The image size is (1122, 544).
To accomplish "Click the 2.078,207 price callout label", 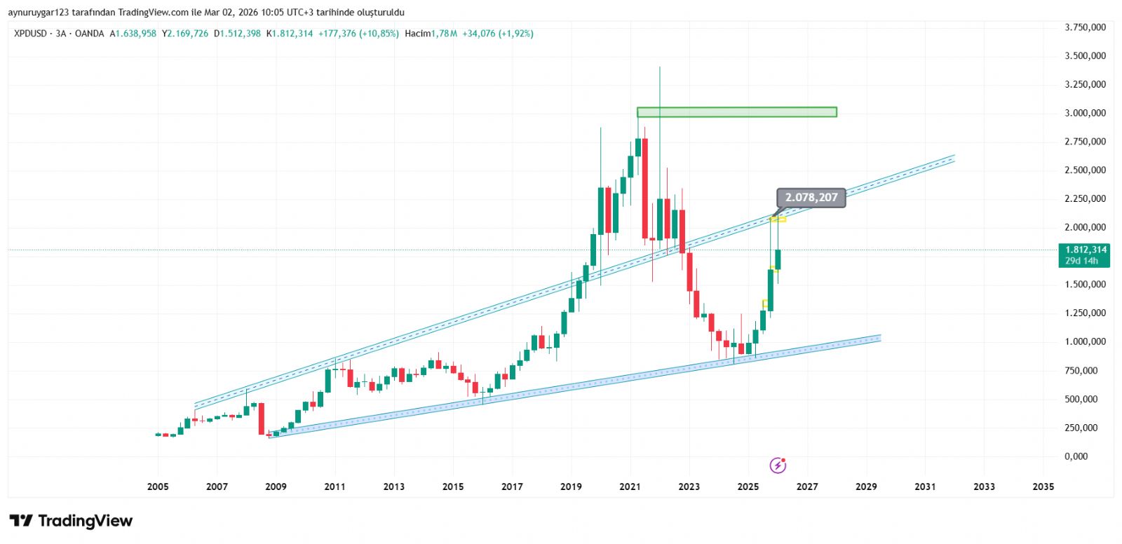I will click(x=811, y=198).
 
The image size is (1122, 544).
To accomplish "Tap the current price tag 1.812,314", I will click(x=1086, y=250).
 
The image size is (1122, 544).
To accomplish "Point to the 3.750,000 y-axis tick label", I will click(x=1085, y=27).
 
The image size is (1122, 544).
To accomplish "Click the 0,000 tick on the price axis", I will click(x=1076, y=456).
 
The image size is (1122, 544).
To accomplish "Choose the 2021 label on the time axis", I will click(x=630, y=487).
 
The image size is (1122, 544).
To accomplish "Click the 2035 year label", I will click(x=1043, y=487).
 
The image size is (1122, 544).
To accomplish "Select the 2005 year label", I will click(x=158, y=487).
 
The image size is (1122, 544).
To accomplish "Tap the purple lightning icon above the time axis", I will click(x=778, y=465).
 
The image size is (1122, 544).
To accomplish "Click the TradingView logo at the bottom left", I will click(x=71, y=521).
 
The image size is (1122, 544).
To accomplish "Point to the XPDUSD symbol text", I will click(x=31, y=34).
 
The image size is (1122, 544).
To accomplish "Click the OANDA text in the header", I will click(x=89, y=34).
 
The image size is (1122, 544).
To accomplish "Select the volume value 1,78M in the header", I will click(x=444, y=34).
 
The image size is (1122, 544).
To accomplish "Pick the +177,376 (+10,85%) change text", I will click(x=358, y=34).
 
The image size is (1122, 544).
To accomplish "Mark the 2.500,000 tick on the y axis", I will click(x=1085, y=170).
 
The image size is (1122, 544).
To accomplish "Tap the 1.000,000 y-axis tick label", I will click(x=1085, y=342).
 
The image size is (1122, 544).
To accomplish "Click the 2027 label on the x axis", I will click(x=807, y=487).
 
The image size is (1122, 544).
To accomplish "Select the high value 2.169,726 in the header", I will click(x=187, y=34).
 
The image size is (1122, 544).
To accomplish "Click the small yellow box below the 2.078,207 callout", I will click(x=778, y=219).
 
